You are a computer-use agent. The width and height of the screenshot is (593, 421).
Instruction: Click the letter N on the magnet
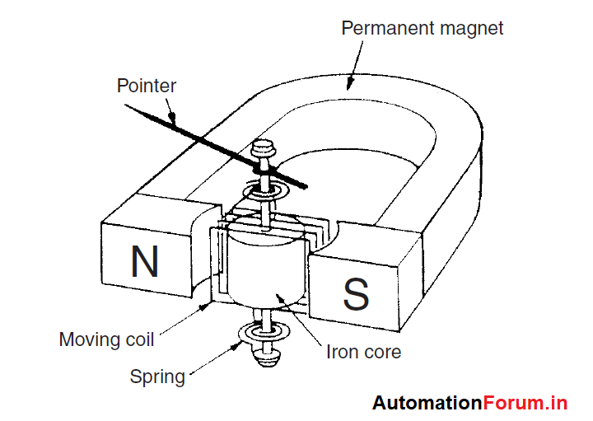tap(144, 262)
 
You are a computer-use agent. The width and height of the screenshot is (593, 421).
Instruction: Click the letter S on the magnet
tap(355, 294)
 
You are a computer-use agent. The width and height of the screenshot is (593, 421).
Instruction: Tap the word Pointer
tap(147, 86)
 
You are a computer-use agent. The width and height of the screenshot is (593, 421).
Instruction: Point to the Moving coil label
tap(107, 339)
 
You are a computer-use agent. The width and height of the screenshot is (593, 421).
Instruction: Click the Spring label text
tap(157, 377)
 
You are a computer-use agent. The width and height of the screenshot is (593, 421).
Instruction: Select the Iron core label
tap(364, 352)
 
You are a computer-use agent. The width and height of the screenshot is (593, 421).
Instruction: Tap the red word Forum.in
tap(525, 403)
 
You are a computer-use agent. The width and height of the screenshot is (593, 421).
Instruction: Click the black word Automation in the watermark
tap(427, 403)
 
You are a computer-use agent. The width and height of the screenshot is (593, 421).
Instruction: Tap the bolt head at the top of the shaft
tap(264, 149)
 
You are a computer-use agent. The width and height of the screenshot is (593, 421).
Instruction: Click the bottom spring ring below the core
tap(263, 334)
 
